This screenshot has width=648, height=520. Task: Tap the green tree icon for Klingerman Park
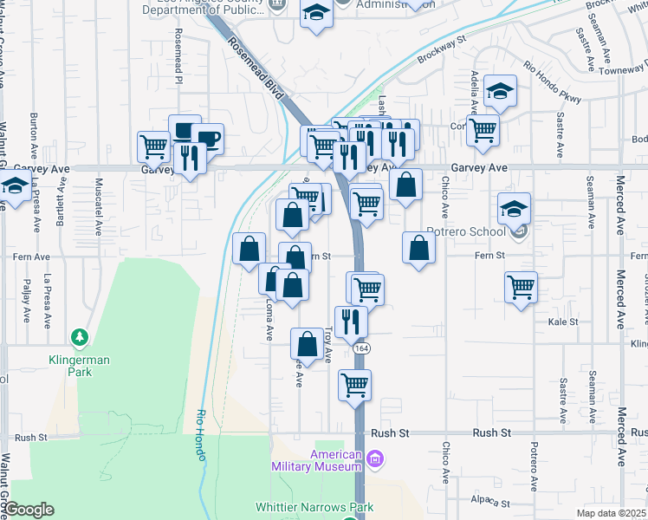click(x=80, y=336)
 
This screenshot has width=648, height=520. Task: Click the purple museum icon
click(x=374, y=458)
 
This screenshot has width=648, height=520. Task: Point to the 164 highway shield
click(x=359, y=347)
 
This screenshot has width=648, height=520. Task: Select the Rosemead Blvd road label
click(x=256, y=67)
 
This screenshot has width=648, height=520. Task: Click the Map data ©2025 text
click(x=611, y=513)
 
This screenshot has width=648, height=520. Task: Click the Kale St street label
click(x=563, y=322)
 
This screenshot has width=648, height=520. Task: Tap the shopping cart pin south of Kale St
click(x=354, y=385)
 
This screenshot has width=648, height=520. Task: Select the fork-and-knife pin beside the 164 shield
click(x=351, y=321)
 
